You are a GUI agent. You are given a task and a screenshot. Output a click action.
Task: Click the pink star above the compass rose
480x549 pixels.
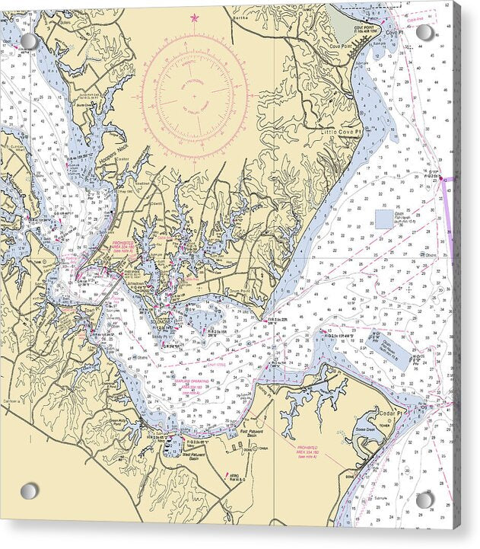(194, 17)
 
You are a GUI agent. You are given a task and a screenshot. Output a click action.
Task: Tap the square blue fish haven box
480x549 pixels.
(384, 219)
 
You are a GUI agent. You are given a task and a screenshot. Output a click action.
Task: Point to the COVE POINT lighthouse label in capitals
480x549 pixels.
(364, 27)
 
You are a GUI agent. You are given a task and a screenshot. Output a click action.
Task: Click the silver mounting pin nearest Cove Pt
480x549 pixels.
(424, 32)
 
